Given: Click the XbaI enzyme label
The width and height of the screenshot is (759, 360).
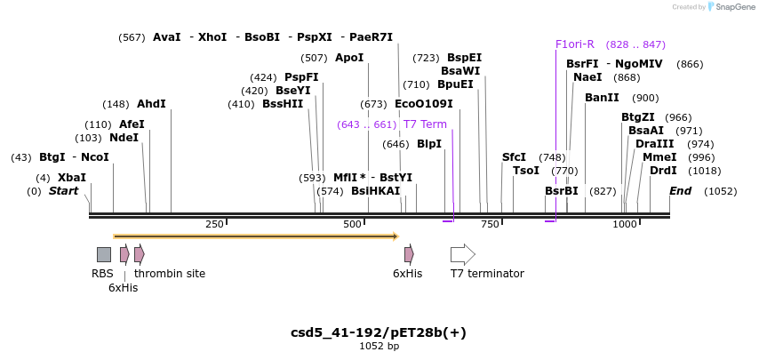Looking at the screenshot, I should pyautogui.click(x=72, y=178).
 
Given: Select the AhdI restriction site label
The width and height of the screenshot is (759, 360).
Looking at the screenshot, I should pyautogui.click(x=151, y=104).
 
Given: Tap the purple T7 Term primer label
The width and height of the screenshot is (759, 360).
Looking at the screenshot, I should pyautogui.click(x=425, y=124).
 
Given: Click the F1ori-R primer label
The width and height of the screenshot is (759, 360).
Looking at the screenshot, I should pyautogui.click(x=574, y=44).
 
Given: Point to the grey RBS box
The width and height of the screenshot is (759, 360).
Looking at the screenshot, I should pyautogui.click(x=104, y=254).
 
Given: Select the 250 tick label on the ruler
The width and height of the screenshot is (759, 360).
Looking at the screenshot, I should pyautogui.click(x=214, y=225).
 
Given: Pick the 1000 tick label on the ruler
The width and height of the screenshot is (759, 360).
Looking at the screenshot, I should pyautogui.click(x=625, y=225).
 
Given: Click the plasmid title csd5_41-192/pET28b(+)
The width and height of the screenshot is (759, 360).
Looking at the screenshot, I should pyautogui.click(x=379, y=332).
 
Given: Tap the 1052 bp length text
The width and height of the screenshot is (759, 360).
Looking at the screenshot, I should pyautogui.click(x=379, y=346).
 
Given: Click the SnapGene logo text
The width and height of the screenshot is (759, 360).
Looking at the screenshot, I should pyautogui.click(x=735, y=7).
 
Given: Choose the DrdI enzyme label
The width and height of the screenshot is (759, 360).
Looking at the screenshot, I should pyautogui.click(x=663, y=171).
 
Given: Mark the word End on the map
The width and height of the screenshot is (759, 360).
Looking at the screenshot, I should pyautogui.click(x=680, y=191).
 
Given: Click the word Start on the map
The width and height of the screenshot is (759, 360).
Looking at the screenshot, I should pyautogui.click(x=63, y=191).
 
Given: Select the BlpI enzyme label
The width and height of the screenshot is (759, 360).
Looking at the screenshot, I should pyautogui.click(x=429, y=144).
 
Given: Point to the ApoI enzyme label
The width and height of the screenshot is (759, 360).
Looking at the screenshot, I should pyautogui.click(x=349, y=58).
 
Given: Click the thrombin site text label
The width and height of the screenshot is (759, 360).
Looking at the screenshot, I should pyautogui.click(x=170, y=274).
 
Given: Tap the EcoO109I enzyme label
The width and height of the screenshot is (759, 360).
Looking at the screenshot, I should pyautogui.click(x=423, y=104).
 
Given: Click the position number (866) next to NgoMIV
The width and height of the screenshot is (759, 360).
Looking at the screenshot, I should pyautogui.click(x=690, y=64).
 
